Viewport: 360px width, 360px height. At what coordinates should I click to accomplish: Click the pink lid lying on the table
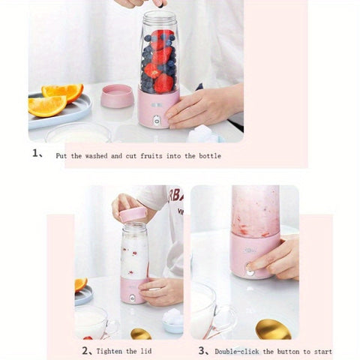pos(116,95)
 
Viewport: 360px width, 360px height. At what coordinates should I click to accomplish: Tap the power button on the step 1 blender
pos(157,119)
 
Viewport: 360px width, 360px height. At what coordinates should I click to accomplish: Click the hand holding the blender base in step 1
pos(202,106)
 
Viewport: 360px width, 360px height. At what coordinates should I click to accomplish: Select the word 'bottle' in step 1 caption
pos(207,155)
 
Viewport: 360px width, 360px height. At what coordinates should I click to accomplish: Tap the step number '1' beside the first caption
pos(35,154)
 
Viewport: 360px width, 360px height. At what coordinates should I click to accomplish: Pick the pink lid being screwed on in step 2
pos(133,214)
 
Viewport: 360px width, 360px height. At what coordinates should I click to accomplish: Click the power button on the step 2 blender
pos(133,298)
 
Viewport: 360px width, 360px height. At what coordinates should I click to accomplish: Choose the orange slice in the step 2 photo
pos(80,284)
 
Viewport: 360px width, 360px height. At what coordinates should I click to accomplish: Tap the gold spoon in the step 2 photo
pos(140,333)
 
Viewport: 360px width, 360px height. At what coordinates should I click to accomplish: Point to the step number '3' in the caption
pos(202,349)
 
